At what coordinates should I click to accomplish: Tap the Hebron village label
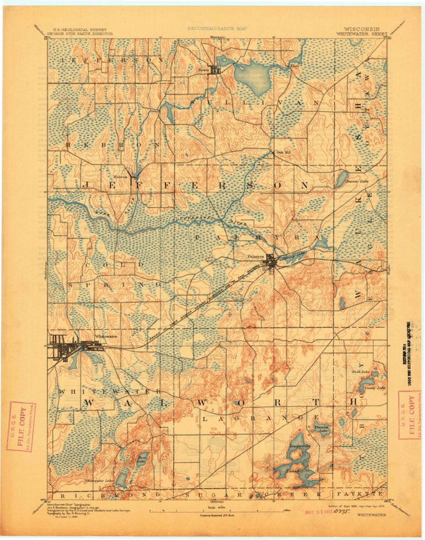[120, 175]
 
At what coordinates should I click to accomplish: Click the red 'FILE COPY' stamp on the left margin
[21, 426]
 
